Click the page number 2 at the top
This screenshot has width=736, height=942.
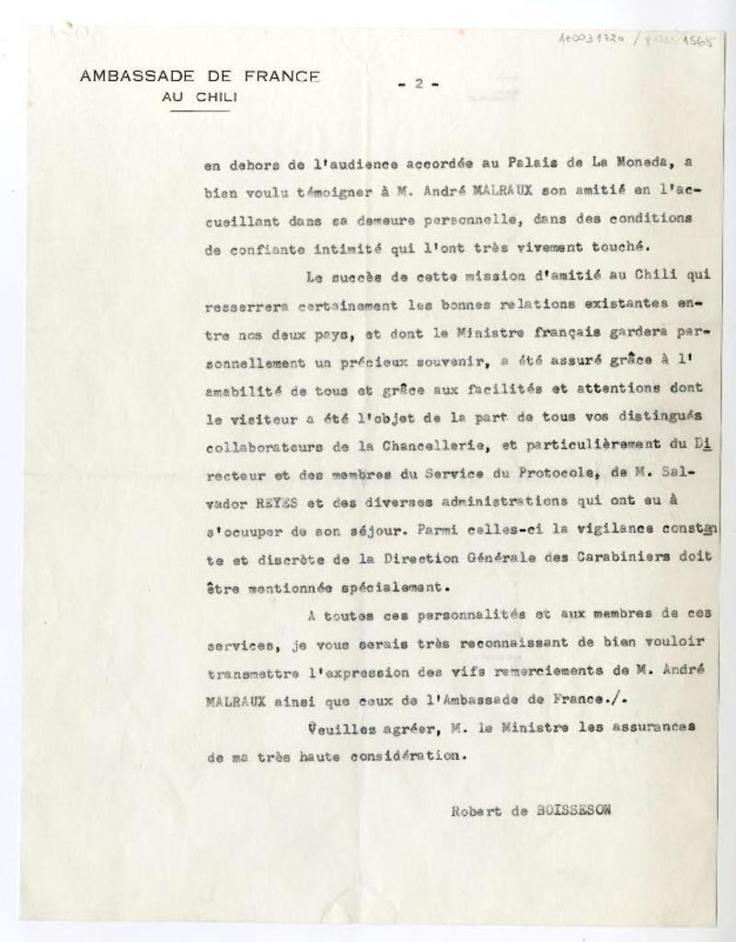419,84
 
